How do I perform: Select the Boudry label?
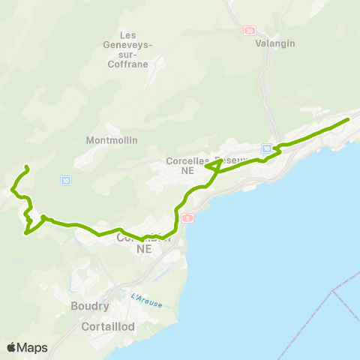coord(90,306)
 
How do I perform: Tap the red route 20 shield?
coord(249,31)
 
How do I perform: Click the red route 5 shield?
coord(187,217)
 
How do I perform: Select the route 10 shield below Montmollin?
coord(66,181)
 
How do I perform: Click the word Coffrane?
coord(136,64)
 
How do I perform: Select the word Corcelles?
coord(188,160)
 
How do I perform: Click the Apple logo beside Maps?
coord(11,347)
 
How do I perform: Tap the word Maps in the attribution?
coord(32,347)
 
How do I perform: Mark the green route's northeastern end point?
coord(348,119)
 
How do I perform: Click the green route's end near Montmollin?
coord(26,166)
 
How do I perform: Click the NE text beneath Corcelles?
coord(187,171)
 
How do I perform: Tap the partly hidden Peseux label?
coord(228,160)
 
